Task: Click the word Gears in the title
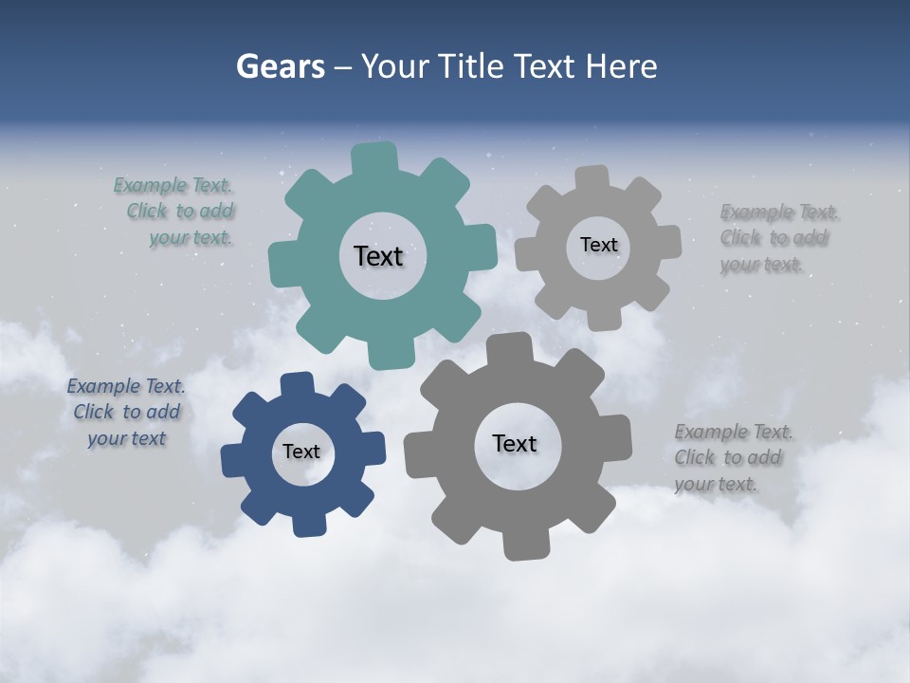pos(280,66)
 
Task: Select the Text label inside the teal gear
pos(379,256)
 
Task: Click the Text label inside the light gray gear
pos(598,245)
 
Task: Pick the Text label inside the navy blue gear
pos(301,452)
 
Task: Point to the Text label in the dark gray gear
pos(515,443)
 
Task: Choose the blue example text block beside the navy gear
pos(126,412)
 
